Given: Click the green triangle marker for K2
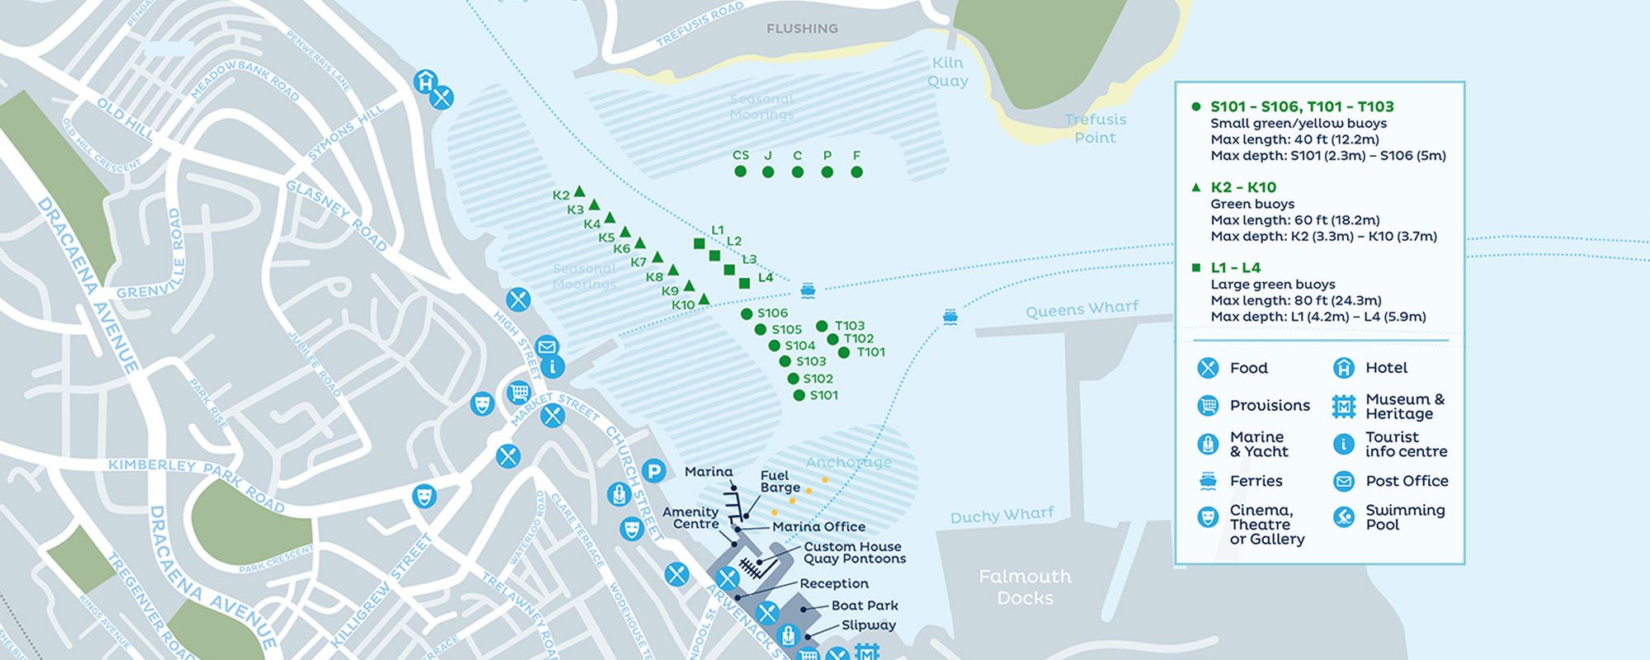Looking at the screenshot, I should click(x=579, y=191).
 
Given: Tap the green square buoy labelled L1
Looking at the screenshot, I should click(x=700, y=243).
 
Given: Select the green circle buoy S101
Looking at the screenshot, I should click(x=799, y=395).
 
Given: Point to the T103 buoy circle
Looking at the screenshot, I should click(x=822, y=326).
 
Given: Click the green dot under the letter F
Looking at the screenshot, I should click(x=856, y=172).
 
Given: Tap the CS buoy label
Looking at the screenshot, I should click(x=741, y=155).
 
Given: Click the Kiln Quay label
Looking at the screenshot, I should click(x=947, y=72).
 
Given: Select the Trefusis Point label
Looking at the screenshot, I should click(x=1095, y=128).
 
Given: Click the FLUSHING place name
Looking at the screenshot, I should click(x=802, y=29).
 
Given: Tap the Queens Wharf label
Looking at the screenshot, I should click(x=1082, y=309).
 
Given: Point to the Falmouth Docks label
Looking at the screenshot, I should click(x=1025, y=587).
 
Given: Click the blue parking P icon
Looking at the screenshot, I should click(x=653, y=471).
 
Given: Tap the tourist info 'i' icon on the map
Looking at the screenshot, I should click(x=552, y=366).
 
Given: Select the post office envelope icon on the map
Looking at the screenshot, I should click(x=546, y=346).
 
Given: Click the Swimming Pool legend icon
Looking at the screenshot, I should click(x=1344, y=516).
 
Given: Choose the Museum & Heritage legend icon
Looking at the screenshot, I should click(x=1344, y=406).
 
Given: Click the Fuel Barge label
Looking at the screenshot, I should click(x=780, y=481).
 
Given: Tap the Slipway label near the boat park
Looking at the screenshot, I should click(x=868, y=625).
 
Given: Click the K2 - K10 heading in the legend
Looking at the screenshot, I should click(x=1243, y=187).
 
